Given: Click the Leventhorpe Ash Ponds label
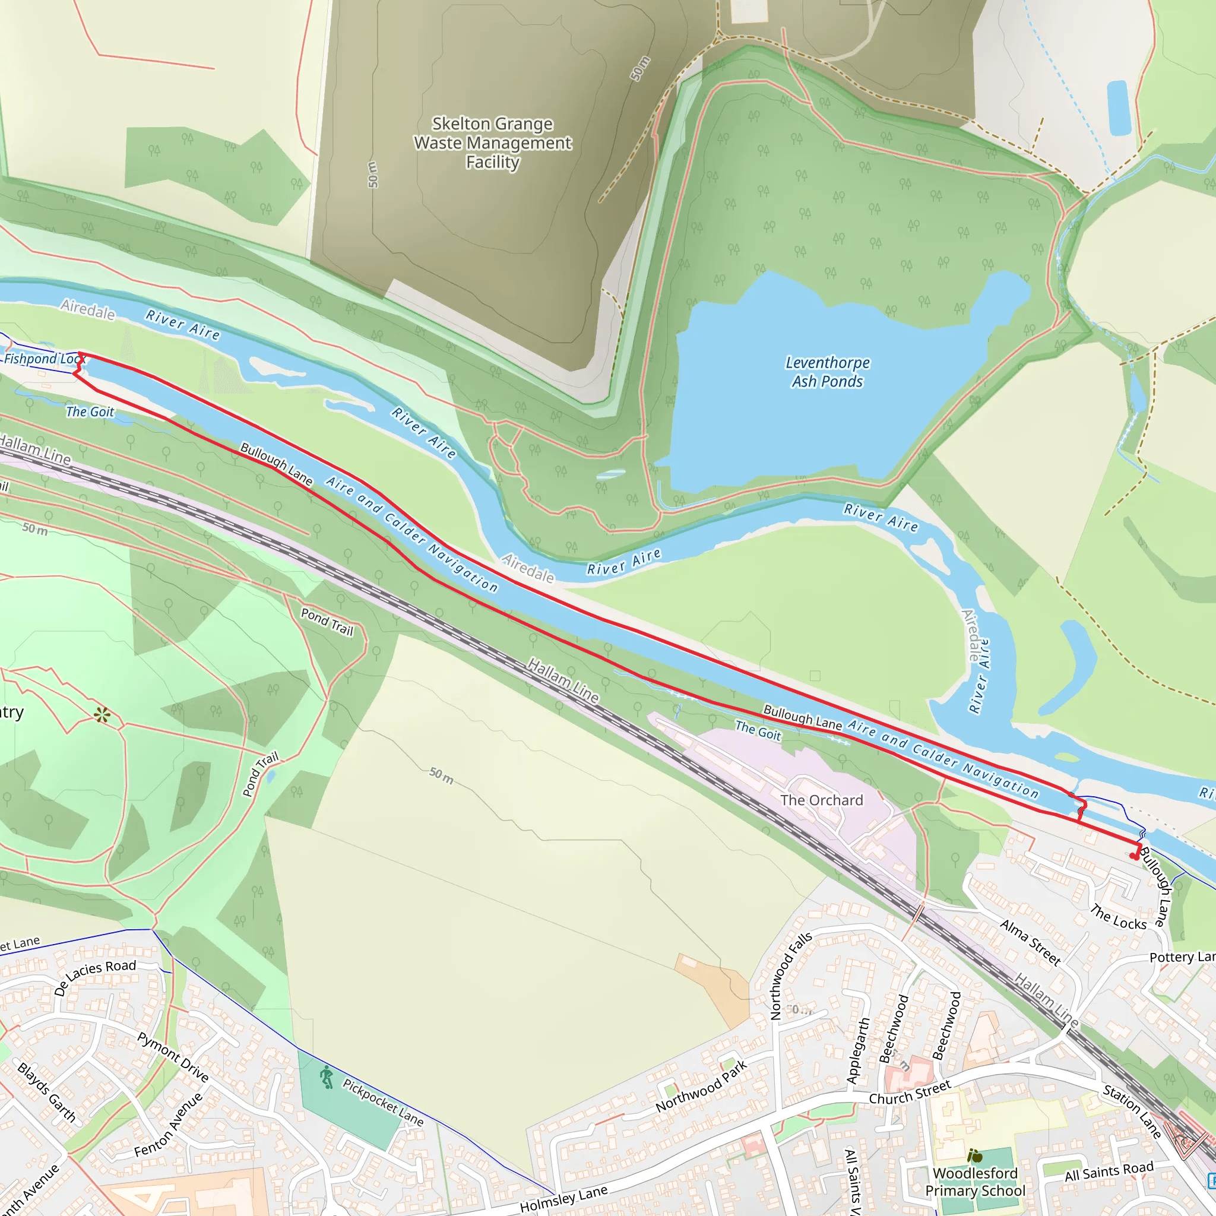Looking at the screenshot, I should point(827,372).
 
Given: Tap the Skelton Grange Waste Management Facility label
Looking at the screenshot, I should point(492,143).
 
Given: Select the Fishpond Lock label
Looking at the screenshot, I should point(43,359).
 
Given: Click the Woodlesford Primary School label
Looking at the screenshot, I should point(975,1182).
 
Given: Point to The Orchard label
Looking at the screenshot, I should point(821,800).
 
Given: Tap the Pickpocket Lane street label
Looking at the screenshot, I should point(383,1102).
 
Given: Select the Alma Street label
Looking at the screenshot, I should point(1030,942).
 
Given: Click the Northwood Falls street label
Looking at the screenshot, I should point(790,976).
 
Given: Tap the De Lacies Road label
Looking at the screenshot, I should point(95,977).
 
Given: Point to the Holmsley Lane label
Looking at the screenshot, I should point(563,1198).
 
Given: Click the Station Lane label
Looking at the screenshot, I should point(1132,1111).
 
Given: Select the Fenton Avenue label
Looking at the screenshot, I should point(169,1125).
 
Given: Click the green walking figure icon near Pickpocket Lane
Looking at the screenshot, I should point(326,1077).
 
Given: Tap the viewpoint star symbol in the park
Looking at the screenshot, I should point(102,715).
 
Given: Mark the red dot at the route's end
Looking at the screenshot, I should point(1133,856).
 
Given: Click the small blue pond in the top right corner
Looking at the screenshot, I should point(1119,108).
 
